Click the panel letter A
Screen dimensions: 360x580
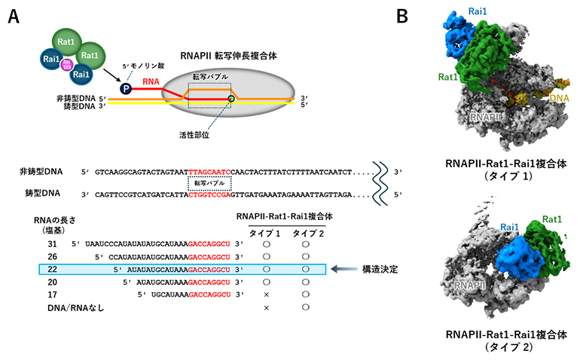[x=14, y=17]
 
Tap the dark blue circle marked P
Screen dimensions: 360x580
[x=124, y=89]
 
